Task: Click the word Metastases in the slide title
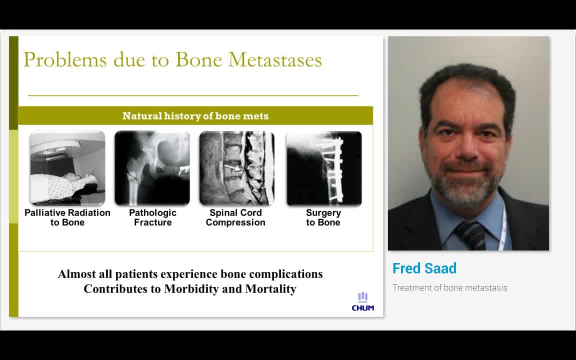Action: click(x=274, y=59)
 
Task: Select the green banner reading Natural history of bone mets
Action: click(x=195, y=116)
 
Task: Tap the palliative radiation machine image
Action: click(x=67, y=168)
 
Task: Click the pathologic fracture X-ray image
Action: click(x=152, y=168)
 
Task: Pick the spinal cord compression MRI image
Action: click(x=237, y=168)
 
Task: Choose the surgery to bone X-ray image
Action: click(x=323, y=168)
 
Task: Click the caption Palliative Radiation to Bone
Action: click(x=67, y=217)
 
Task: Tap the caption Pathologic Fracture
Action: click(x=152, y=217)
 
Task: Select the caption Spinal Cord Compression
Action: click(x=235, y=217)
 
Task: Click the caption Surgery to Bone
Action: click(x=323, y=217)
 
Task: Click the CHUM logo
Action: click(x=363, y=302)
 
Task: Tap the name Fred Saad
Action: click(x=424, y=268)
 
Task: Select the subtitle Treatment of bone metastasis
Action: click(x=449, y=288)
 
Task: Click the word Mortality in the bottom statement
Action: click(x=270, y=289)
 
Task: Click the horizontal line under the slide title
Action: click(x=193, y=95)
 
